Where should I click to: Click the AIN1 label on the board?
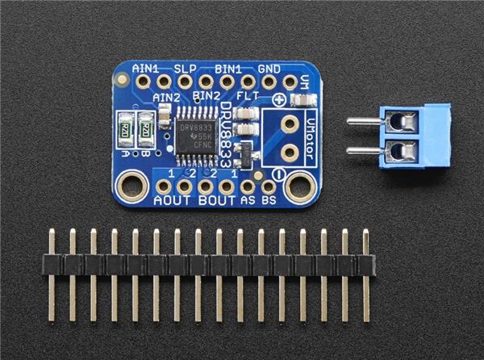[144, 69]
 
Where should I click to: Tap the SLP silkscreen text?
[186, 69]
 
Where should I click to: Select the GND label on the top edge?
[269, 69]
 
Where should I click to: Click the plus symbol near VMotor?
[279, 100]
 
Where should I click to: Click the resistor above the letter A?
[125, 128]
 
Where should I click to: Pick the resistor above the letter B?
[146, 128]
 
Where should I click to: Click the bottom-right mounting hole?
[299, 187]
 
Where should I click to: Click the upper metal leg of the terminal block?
[362, 123]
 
